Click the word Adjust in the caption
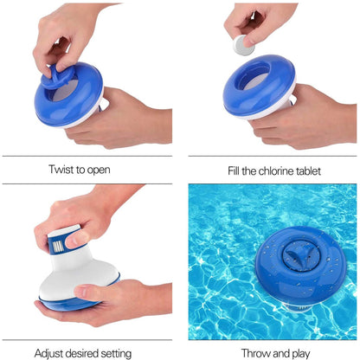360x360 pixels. pyautogui.click(x=51, y=353)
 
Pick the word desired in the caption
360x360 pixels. pyautogui.click(x=87, y=353)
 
